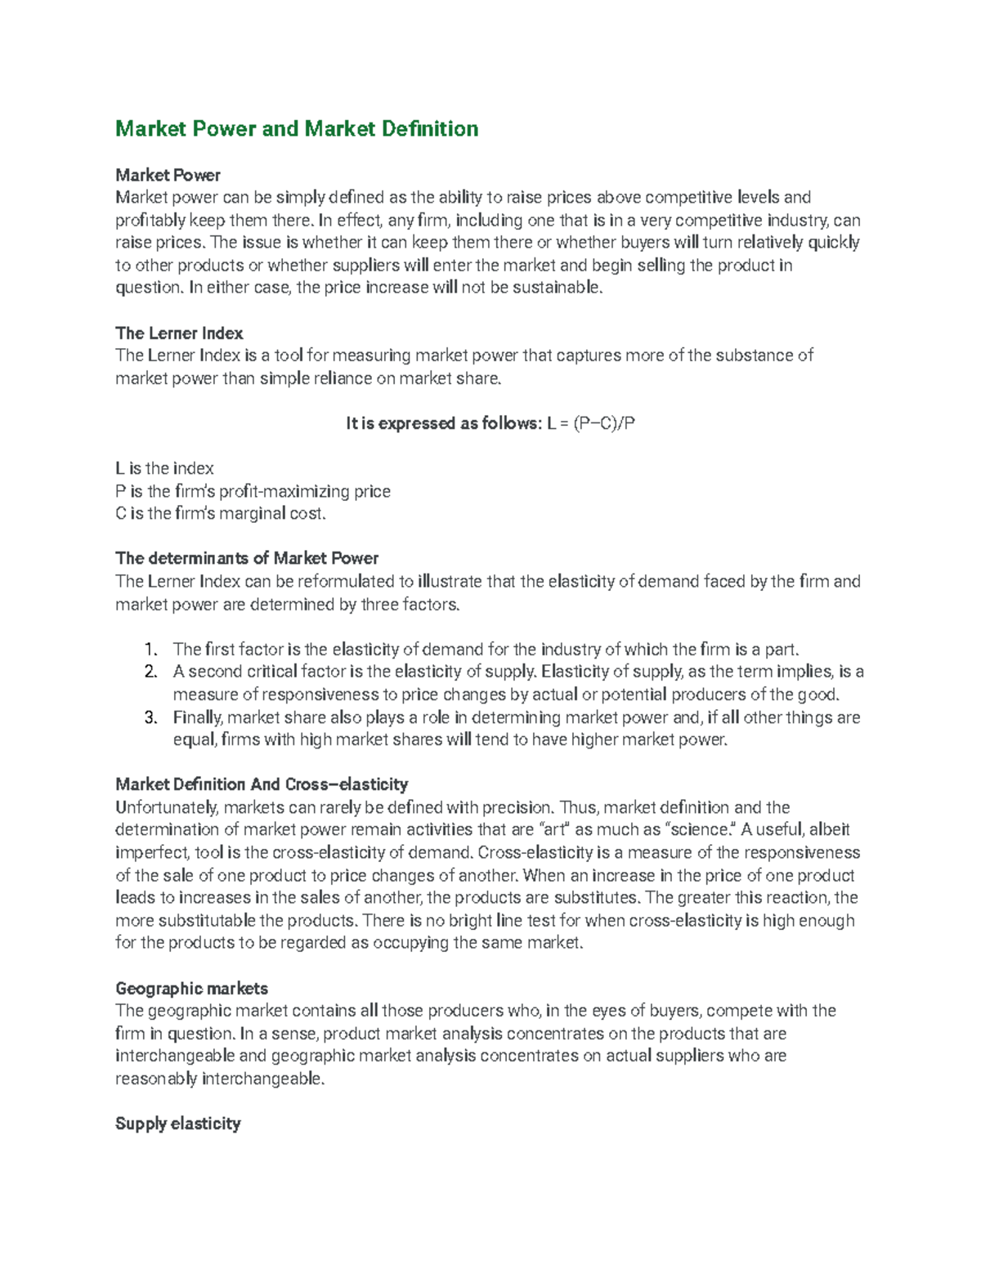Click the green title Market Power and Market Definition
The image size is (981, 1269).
[297, 129]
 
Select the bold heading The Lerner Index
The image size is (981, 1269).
[179, 333]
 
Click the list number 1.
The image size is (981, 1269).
[150, 650]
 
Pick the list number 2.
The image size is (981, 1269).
[150, 672]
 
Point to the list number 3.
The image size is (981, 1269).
[150, 717]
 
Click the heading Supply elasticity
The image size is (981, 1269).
[177, 1124]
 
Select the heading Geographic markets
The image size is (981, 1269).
[191, 989]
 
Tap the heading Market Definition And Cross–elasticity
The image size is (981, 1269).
[262, 784]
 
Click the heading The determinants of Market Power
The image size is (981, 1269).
[247, 559]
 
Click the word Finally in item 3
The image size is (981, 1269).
[197, 717]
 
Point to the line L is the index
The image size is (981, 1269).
[164, 469]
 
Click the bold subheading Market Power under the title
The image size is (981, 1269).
[168, 175]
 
